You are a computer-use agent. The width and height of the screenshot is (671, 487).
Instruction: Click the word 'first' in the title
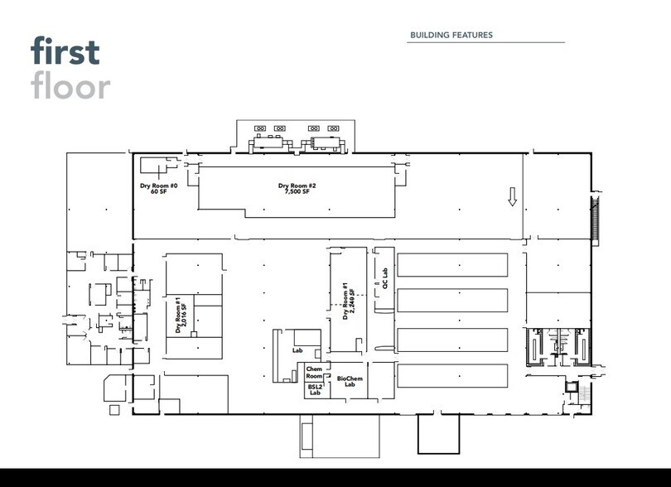[x=65, y=51]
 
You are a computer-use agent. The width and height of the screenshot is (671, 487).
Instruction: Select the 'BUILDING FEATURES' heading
[x=451, y=35]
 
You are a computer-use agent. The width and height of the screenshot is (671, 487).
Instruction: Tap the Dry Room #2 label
[x=297, y=186]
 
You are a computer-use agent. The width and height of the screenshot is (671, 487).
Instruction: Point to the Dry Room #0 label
[x=159, y=186]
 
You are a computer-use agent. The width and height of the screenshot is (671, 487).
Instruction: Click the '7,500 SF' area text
[x=297, y=191]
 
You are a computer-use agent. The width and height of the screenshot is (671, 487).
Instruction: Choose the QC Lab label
[x=384, y=278]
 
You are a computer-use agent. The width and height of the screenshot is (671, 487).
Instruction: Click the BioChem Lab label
[x=350, y=381]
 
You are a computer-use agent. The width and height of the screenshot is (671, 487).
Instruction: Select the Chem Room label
[x=314, y=373]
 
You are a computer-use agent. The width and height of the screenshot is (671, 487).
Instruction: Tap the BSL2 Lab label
[x=315, y=389]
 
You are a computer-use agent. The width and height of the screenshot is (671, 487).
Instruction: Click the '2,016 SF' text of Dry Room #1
[x=184, y=315]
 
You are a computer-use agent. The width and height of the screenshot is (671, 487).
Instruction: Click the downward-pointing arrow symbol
[x=512, y=196]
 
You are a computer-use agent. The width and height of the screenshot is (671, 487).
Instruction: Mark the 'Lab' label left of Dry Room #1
[x=297, y=350]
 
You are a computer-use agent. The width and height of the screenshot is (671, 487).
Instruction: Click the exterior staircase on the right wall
[x=595, y=220]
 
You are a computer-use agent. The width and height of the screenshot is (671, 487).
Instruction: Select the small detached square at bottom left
[x=114, y=409]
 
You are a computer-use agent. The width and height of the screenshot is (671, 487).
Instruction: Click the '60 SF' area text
[x=159, y=191]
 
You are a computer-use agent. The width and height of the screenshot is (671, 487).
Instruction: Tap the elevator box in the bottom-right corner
[x=571, y=387]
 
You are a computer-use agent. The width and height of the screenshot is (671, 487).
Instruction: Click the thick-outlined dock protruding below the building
[x=438, y=433]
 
